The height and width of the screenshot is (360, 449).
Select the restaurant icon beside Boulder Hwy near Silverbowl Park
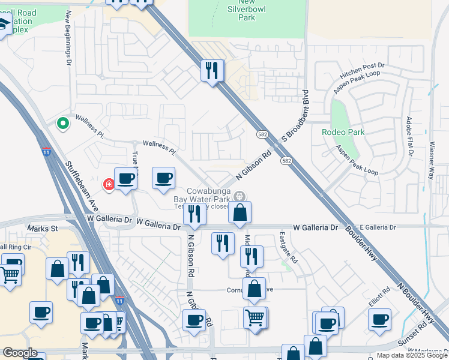pos(212,71)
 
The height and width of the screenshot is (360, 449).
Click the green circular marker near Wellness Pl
pos(62,124)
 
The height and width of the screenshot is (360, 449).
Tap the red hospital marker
pos(109,184)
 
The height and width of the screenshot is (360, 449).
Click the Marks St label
pos(42,229)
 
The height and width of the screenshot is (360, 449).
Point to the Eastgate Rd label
pos(288,248)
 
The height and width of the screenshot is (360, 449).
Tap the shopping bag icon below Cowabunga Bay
pos(240,212)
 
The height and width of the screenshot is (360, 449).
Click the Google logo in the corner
pos(20,353)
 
